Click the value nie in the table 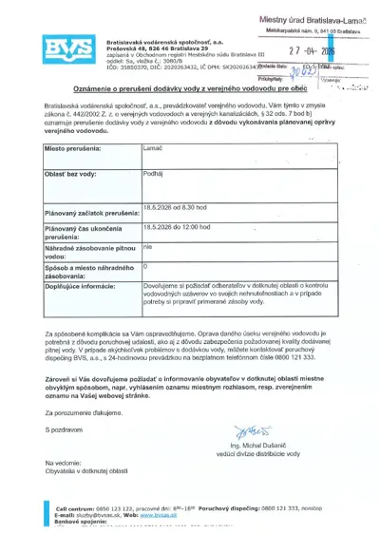[147, 246]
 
